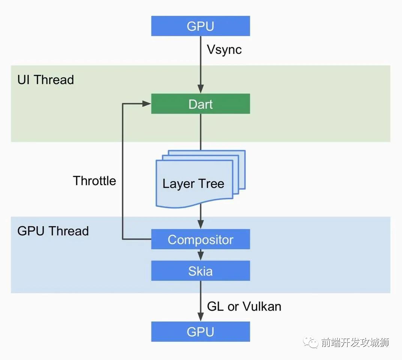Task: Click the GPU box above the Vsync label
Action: click(200, 26)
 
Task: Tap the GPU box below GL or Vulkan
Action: click(200, 331)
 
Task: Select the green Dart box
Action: click(200, 104)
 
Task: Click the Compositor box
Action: click(200, 239)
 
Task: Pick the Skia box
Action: click(200, 271)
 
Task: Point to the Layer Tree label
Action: click(193, 184)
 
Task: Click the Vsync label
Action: click(224, 49)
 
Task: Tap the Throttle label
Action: click(94, 181)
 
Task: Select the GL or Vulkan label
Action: click(244, 306)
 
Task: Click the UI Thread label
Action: click(46, 79)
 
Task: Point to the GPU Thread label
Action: click(53, 231)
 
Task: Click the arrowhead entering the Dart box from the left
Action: click(147, 104)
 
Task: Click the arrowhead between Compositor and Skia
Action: click(200, 257)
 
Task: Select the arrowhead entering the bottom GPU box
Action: click(200, 318)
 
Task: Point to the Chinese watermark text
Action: click(355, 342)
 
